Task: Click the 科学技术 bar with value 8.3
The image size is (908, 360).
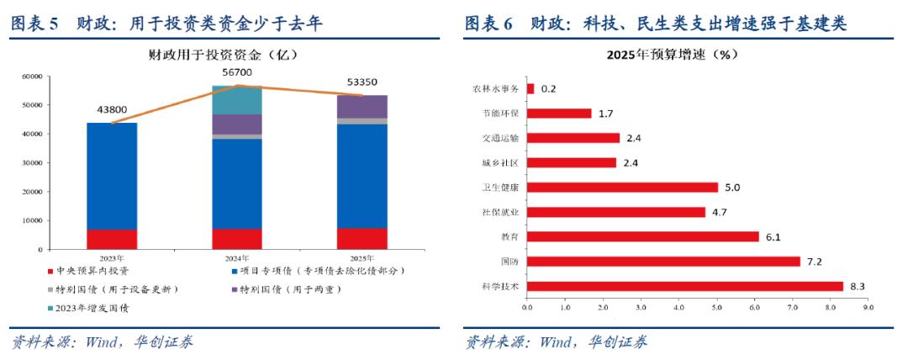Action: pos(684,286)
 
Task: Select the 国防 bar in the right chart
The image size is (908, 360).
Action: pos(663,262)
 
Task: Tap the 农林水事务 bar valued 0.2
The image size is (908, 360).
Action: pos(531,88)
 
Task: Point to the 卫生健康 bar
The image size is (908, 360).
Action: pos(622,188)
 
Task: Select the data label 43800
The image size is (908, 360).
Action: pos(112,109)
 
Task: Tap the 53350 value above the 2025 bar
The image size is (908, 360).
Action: pos(362,82)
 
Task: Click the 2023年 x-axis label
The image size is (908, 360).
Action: pos(112,257)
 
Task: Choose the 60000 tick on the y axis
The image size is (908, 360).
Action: pos(31,77)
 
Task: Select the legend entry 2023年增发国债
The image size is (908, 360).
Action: pos(92,308)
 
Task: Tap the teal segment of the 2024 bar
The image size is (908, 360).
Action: pos(237,100)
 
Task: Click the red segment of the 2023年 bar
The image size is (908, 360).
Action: pos(112,239)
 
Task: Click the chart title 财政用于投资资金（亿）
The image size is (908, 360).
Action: pos(223,56)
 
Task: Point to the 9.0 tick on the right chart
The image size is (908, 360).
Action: pos(868,308)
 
